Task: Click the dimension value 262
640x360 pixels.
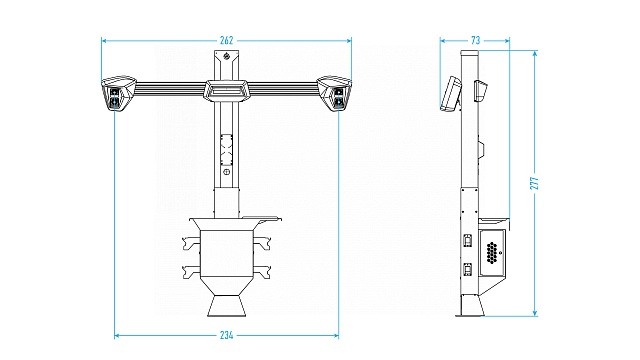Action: coord(227,40)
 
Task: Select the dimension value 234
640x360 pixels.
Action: coord(227,336)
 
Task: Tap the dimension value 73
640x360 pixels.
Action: coord(476,40)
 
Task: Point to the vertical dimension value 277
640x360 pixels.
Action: coord(535,183)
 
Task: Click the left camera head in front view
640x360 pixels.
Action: coord(118,93)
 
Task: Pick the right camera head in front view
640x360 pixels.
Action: coord(335,93)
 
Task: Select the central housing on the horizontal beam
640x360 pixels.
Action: coord(226,90)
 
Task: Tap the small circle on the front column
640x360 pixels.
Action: coord(227,172)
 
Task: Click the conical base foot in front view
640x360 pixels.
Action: coord(227,306)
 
